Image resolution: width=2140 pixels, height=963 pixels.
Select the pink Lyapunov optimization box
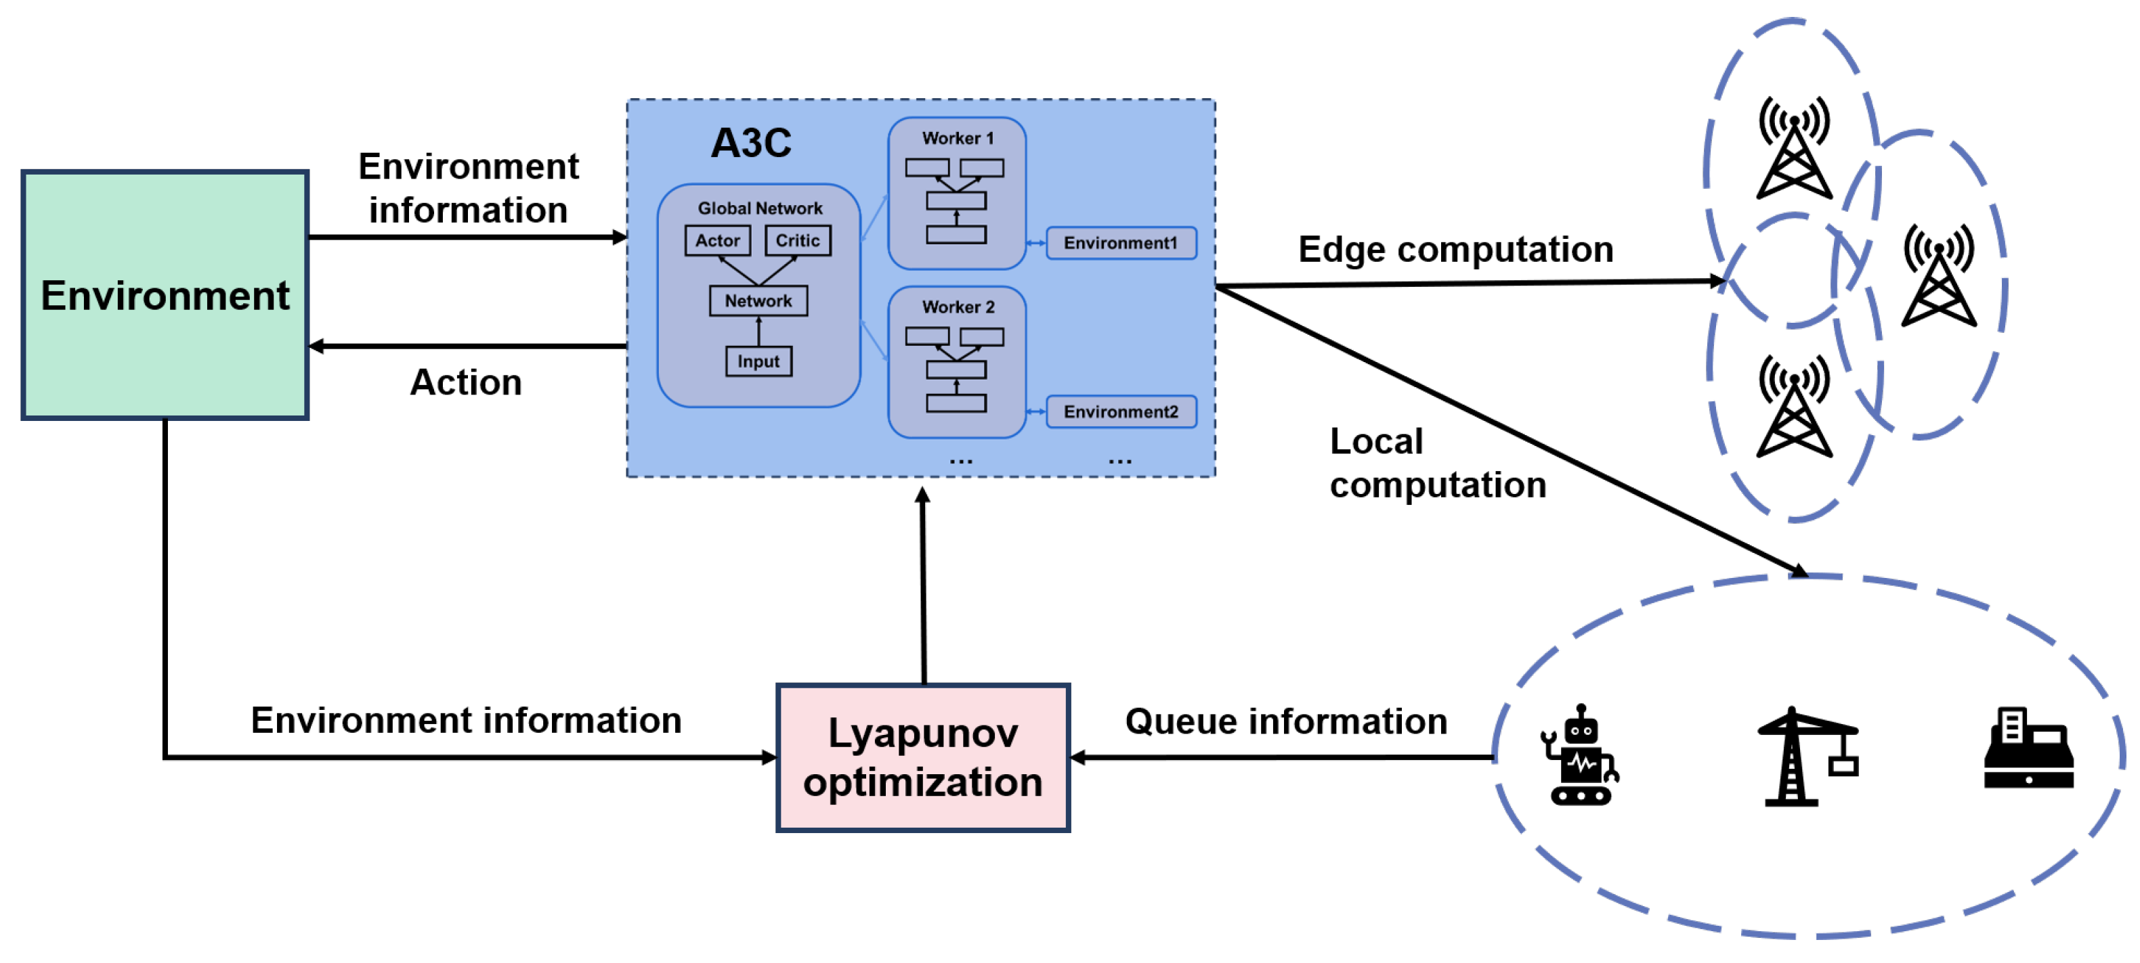point(922,757)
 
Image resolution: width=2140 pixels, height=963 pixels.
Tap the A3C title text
point(750,143)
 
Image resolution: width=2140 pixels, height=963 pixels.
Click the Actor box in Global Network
point(717,241)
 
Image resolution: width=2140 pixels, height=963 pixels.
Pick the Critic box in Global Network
point(796,241)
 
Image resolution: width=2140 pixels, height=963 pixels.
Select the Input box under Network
point(758,361)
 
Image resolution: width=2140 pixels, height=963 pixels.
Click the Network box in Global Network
point(758,300)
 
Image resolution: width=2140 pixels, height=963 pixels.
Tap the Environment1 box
point(1120,243)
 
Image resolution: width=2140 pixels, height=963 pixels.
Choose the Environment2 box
point(1120,411)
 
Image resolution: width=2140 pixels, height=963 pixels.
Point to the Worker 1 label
point(957,139)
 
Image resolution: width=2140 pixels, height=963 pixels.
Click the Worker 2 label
point(957,307)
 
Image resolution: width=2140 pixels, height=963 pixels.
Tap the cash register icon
point(2028,749)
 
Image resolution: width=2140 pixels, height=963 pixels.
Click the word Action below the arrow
point(465,383)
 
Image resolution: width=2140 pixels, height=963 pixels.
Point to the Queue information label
point(1285,721)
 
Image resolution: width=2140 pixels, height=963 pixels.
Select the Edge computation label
point(1455,249)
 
